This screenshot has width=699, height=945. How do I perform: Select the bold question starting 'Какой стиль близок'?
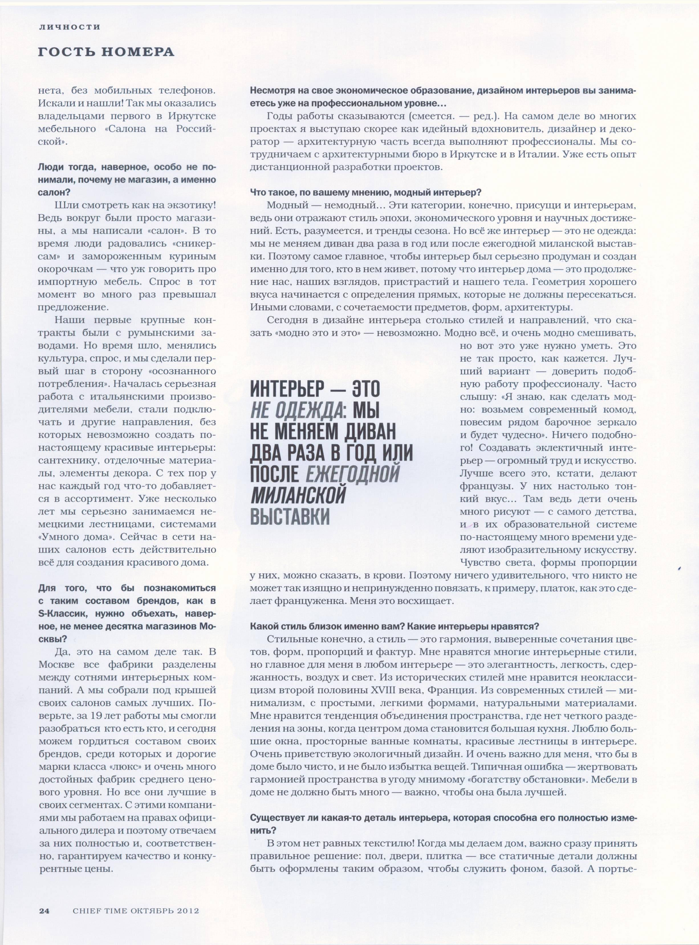pos(394,626)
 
